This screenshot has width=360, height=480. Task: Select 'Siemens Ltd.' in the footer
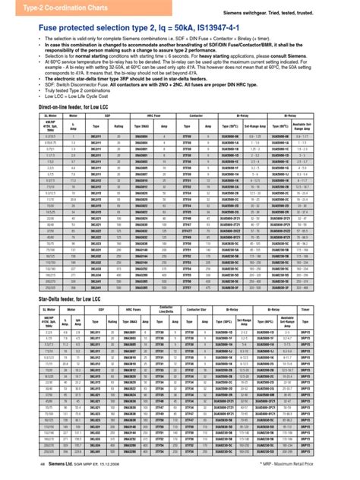click(x=49, y=471)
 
